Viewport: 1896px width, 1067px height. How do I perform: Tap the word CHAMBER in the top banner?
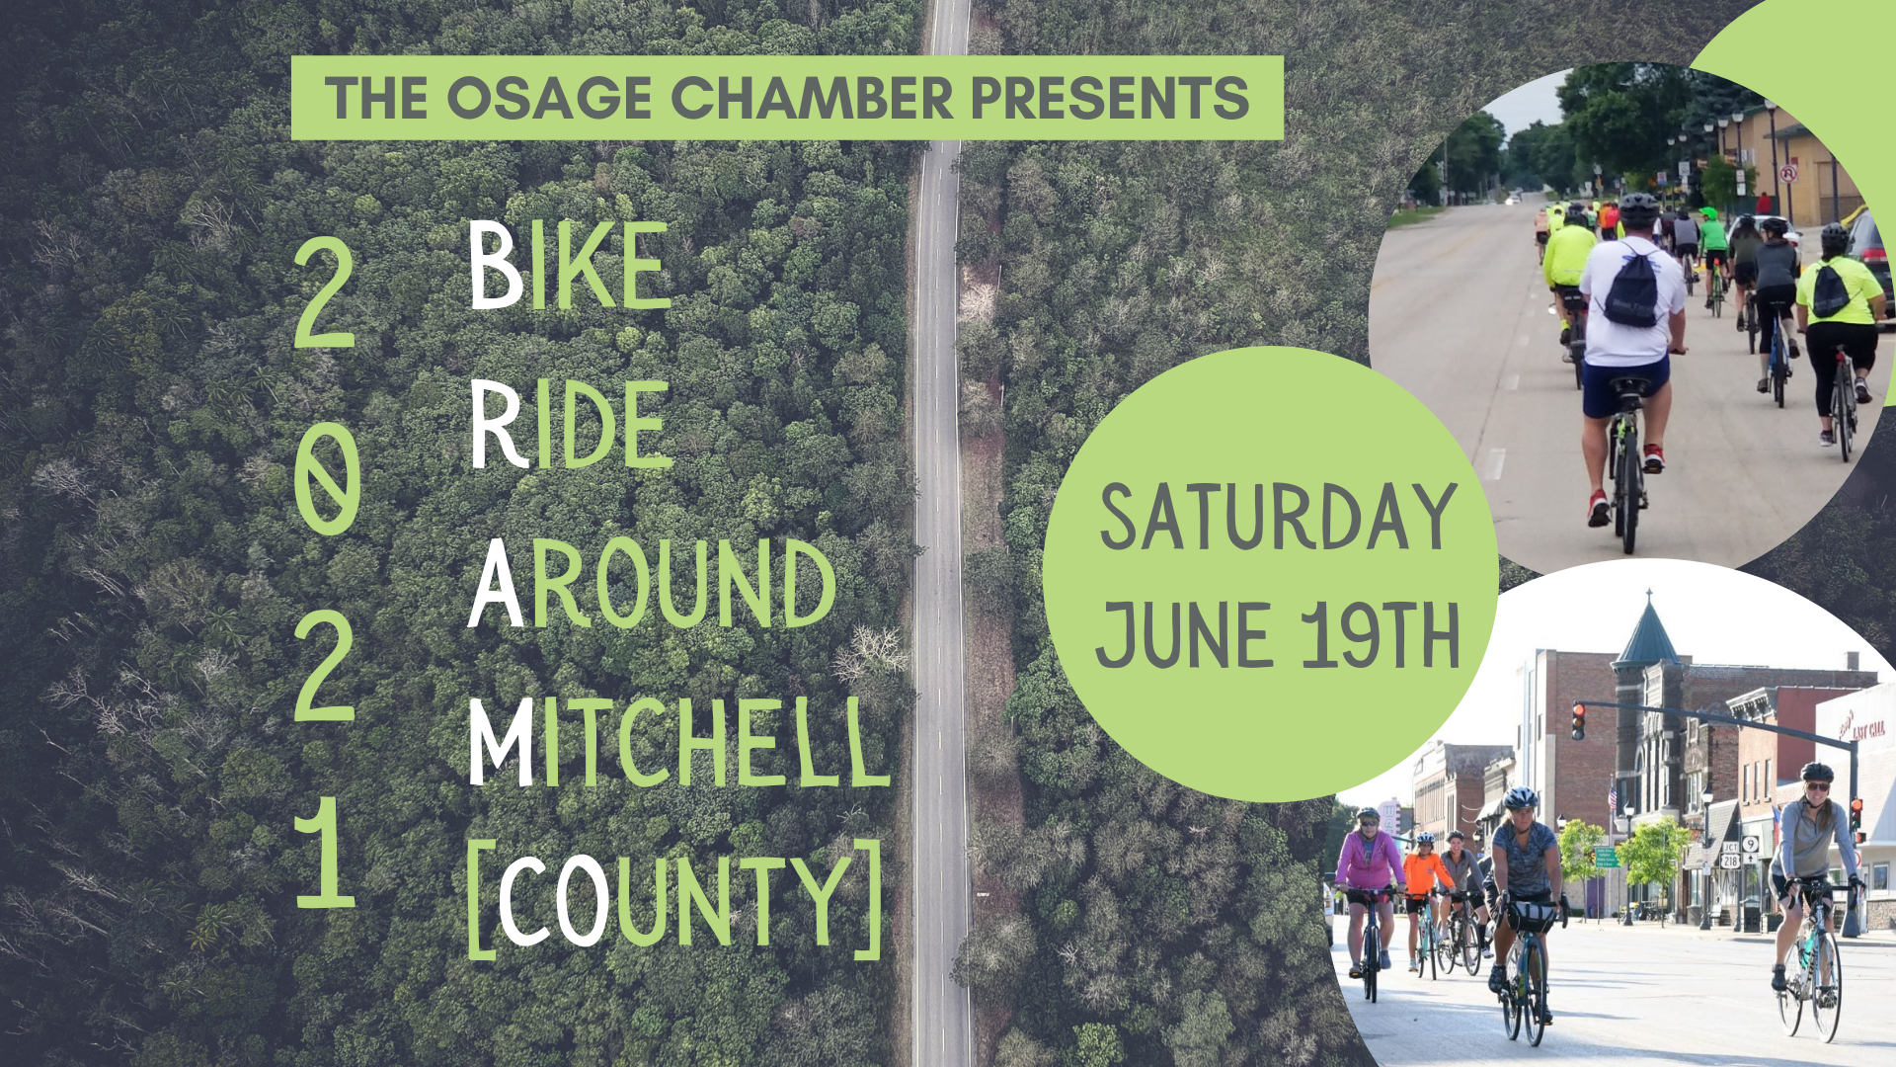813,98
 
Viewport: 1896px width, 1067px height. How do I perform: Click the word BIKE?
569,265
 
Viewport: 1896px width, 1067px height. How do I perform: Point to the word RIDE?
570,425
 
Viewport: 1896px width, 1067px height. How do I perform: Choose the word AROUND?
652,584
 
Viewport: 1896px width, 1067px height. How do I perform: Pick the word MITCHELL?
678,743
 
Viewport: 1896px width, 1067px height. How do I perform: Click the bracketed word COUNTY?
674,900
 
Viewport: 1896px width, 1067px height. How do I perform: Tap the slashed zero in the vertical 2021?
327,483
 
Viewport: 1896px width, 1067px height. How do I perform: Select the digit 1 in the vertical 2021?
327,854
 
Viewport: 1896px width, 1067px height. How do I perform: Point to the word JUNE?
1183,635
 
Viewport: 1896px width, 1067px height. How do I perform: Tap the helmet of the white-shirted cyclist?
1638,206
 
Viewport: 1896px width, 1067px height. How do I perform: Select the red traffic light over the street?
1579,720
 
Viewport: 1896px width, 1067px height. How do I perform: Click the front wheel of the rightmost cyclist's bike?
1826,987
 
